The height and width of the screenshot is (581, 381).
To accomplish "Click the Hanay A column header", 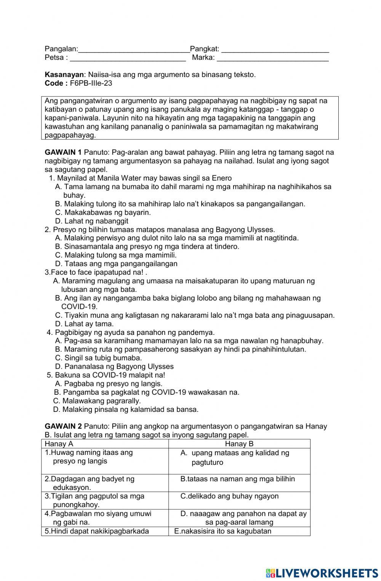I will pyautogui.click(x=59, y=444).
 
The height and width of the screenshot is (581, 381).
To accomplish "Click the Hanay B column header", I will pyautogui.click(x=239, y=444).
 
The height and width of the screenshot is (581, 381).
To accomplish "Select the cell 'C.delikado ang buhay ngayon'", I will pyautogui.click(x=229, y=496).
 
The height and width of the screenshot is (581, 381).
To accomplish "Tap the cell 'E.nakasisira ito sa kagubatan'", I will pyautogui.click(x=223, y=531).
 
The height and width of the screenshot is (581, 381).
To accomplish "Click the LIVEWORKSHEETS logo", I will pyautogui.click(x=322, y=573).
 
